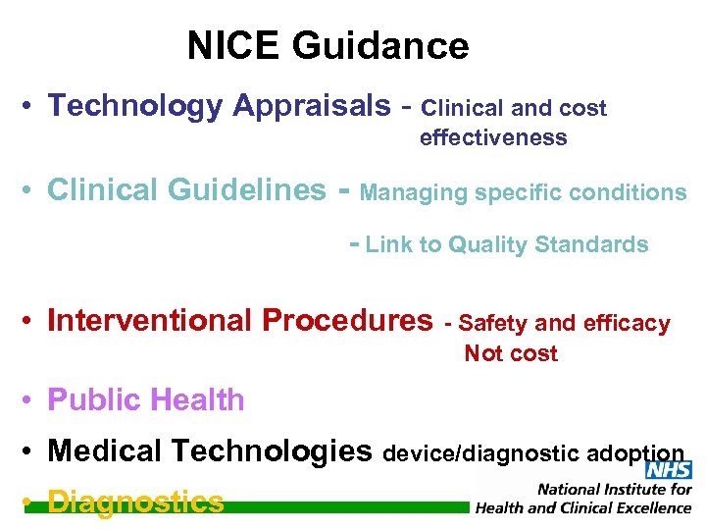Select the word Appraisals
click(311, 106)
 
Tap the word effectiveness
click(493, 138)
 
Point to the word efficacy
click(627, 323)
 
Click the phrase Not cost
click(511, 353)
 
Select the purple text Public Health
click(146, 399)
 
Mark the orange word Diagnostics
click(135, 503)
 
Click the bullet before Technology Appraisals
click(33, 106)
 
